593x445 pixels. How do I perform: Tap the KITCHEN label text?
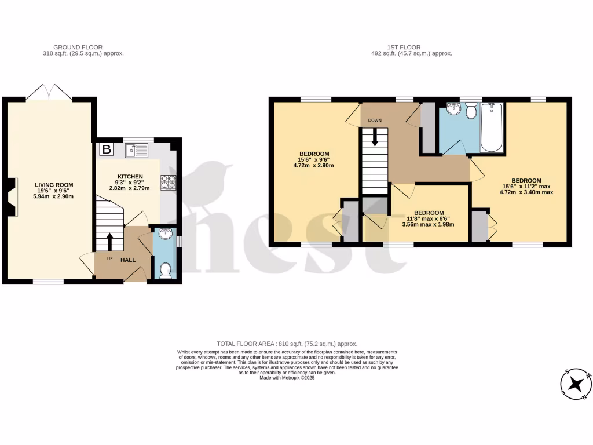(130, 176)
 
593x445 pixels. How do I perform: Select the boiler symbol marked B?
(106, 150)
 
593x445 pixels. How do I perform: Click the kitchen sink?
(138, 151)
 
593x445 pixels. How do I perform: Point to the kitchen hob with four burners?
(169, 182)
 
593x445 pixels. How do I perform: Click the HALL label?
(128, 260)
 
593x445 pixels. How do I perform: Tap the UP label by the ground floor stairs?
(109, 259)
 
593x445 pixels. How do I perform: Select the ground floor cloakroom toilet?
(164, 270)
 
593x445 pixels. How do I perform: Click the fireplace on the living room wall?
(11, 197)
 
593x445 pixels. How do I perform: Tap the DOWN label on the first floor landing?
(375, 121)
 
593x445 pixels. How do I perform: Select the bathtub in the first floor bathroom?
(492, 127)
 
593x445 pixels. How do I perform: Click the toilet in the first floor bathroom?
(471, 110)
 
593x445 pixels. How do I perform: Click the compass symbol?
(574, 384)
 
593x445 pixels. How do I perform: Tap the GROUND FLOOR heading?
(78, 47)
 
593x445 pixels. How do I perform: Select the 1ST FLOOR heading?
(404, 47)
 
